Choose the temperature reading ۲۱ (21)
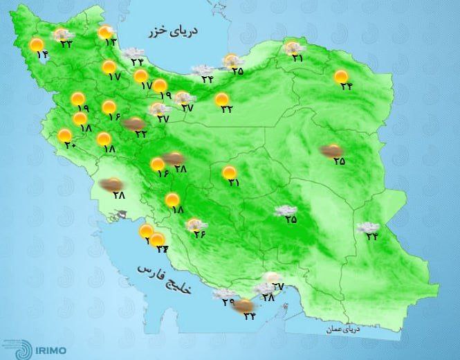298,59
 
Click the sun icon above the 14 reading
37,45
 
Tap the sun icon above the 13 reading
105,31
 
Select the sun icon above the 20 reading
64,135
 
